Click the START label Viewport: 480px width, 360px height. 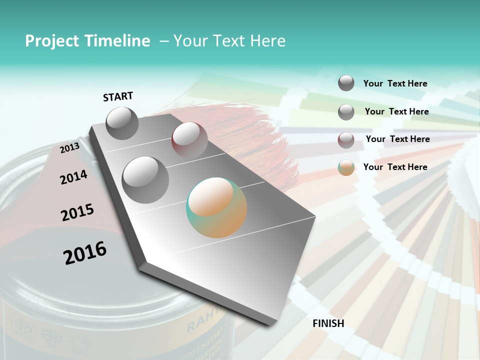coord(118,96)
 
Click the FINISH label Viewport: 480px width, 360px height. coord(328,323)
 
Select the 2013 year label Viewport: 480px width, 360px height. coord(69,147)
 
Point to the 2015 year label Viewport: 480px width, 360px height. coord(77,212)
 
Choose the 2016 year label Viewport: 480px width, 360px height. coord(85,252)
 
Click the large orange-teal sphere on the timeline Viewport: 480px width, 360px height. coord(216,207)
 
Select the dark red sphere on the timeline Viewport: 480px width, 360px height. coord(189,140)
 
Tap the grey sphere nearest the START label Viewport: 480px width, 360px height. coord(122,123)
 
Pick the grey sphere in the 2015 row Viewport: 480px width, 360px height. coord(145,179)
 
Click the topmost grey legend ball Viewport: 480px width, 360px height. coord(346,83)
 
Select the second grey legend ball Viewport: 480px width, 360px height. coord(346,112)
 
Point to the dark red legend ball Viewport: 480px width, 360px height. coord(346,140)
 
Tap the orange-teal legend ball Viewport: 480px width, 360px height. coord(346,168)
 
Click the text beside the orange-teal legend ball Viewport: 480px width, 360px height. coord(395,167)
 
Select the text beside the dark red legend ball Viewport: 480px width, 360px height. coord(397,139)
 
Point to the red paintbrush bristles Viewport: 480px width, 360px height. coord(250,135)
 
